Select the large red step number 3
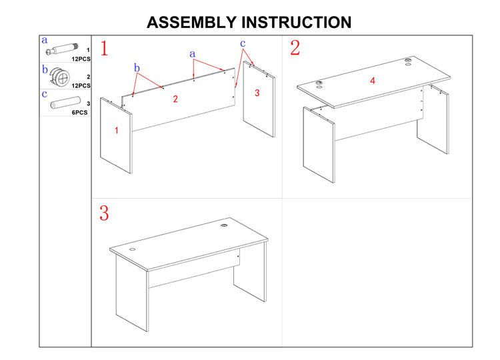[x=104, y=213]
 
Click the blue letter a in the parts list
[x=45, y=40]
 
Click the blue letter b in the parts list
[x=45, y=69]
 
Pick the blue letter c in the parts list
[x=45, y=94]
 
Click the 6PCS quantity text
[x=81, y=112]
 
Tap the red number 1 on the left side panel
[x=117, y=131]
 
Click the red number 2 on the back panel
[x=175, y=99]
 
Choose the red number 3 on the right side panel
[x=257, y=94]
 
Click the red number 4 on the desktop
[x=373, y=81]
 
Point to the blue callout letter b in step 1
[x=137, y=67]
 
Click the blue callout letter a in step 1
[x=193, y=53]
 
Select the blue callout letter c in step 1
[x=243, y=43]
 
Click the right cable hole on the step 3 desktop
[x=224, y=227]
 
